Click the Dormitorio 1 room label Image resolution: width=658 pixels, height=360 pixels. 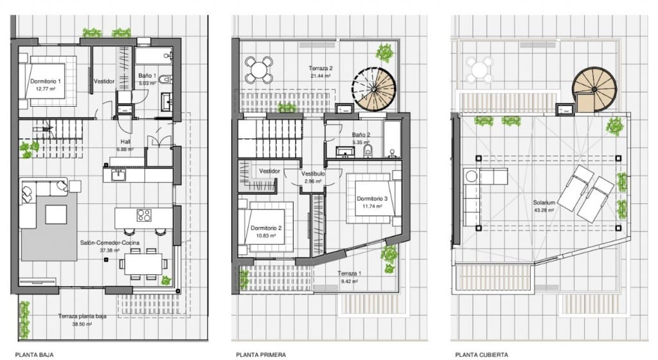pyautogui.click(x=46, y=82)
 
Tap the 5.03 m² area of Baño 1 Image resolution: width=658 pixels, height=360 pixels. pyautogui.click(x=148, y=82)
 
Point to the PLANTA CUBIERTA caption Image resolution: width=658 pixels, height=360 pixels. pyautogui.click(x=482, y=354)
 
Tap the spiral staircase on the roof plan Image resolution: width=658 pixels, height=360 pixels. pyautogui.click(x=594, y=88)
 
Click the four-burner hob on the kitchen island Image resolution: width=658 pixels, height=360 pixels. pyautogui.click(x=143, y=216)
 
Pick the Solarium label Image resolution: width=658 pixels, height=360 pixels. pyautogui.click(x=544, y=202)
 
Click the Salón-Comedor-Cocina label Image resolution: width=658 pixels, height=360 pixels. pyautogui.click(x=110, y=243)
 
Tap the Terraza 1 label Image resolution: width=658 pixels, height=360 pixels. pyautogui.click(x=350, y=273)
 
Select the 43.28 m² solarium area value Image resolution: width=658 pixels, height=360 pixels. pyautogui.click(x=544, y=210)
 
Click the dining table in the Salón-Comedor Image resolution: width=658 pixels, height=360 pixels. pyautogui.click(x=143, y=262)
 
